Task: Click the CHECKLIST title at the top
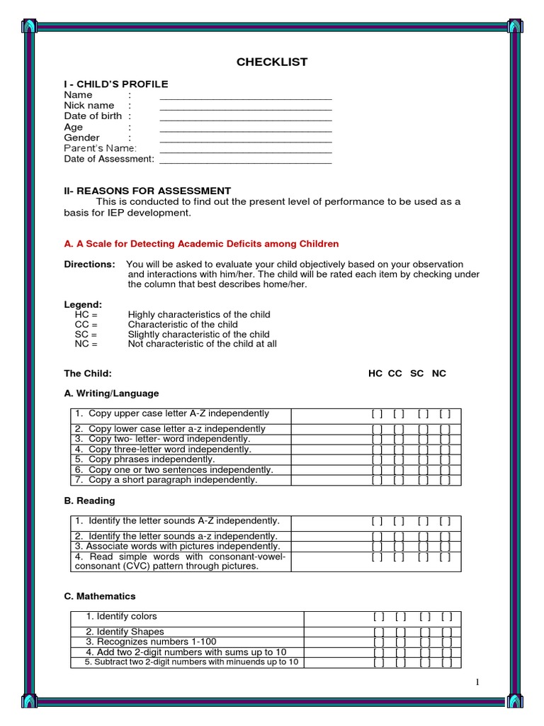[272, 62]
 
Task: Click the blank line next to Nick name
[246, 107]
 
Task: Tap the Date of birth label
[93, 116]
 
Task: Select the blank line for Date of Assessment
[246, 161]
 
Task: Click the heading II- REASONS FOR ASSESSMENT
[147, 191]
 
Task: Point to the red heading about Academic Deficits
[201, 244]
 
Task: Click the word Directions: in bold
[89, 264]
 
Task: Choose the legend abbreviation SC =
[86, 335]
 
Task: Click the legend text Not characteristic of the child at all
[202, 345]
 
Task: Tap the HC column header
[375, 374]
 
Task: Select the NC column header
[439, 374]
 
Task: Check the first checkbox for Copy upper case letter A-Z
[377, 414]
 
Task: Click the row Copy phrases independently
[152, 459]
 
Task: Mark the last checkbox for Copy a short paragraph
[445, 481]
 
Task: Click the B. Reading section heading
[89, 501]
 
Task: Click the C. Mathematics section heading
[100, 596]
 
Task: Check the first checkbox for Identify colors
[379, 618]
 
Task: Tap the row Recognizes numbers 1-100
[151, 642]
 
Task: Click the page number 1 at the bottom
[478, 682]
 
